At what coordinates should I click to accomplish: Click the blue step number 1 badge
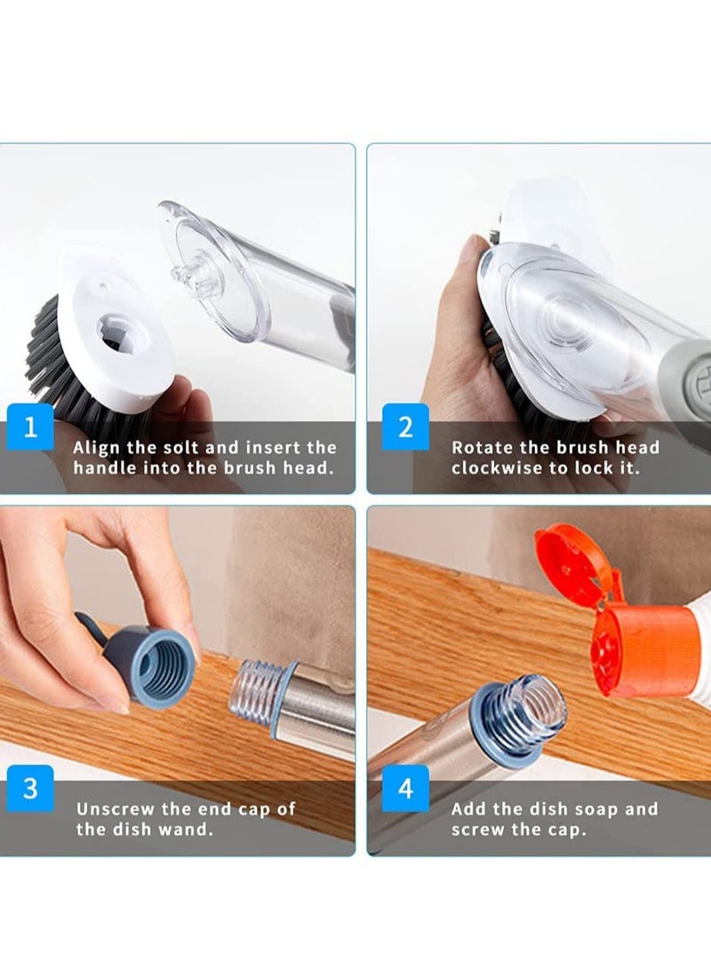click(31, 427)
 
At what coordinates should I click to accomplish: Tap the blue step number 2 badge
click(405, 427)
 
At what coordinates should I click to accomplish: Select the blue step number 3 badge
click(31, 788)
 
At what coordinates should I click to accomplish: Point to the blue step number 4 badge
click(405, 788)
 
